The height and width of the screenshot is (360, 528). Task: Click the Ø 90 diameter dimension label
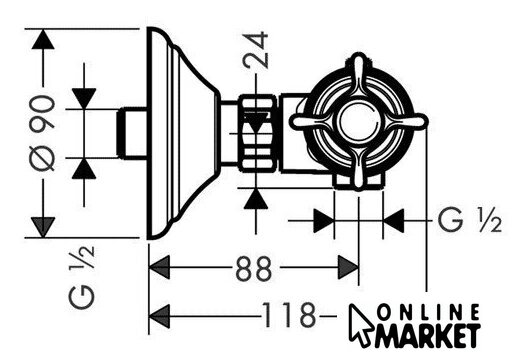click(42, 133)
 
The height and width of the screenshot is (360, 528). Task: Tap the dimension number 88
click(254, 268)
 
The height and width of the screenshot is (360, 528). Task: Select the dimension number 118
click(289, 315)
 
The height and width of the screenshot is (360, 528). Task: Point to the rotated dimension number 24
click(256, 50)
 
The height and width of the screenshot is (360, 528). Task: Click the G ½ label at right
click(470, 220)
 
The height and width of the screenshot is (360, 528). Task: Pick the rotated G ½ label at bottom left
click(81, 277)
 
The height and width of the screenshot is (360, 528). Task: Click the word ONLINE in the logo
click(428, 312)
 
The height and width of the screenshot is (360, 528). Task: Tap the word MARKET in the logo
click(427, 335)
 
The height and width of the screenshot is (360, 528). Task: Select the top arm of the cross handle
click(359, 76)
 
